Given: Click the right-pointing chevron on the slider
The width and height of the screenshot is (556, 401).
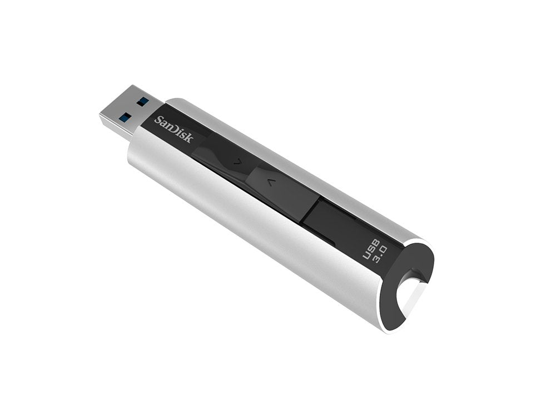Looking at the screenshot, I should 236,163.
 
